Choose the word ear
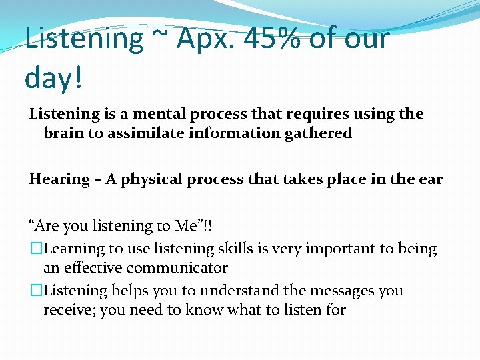click(430, 179)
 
